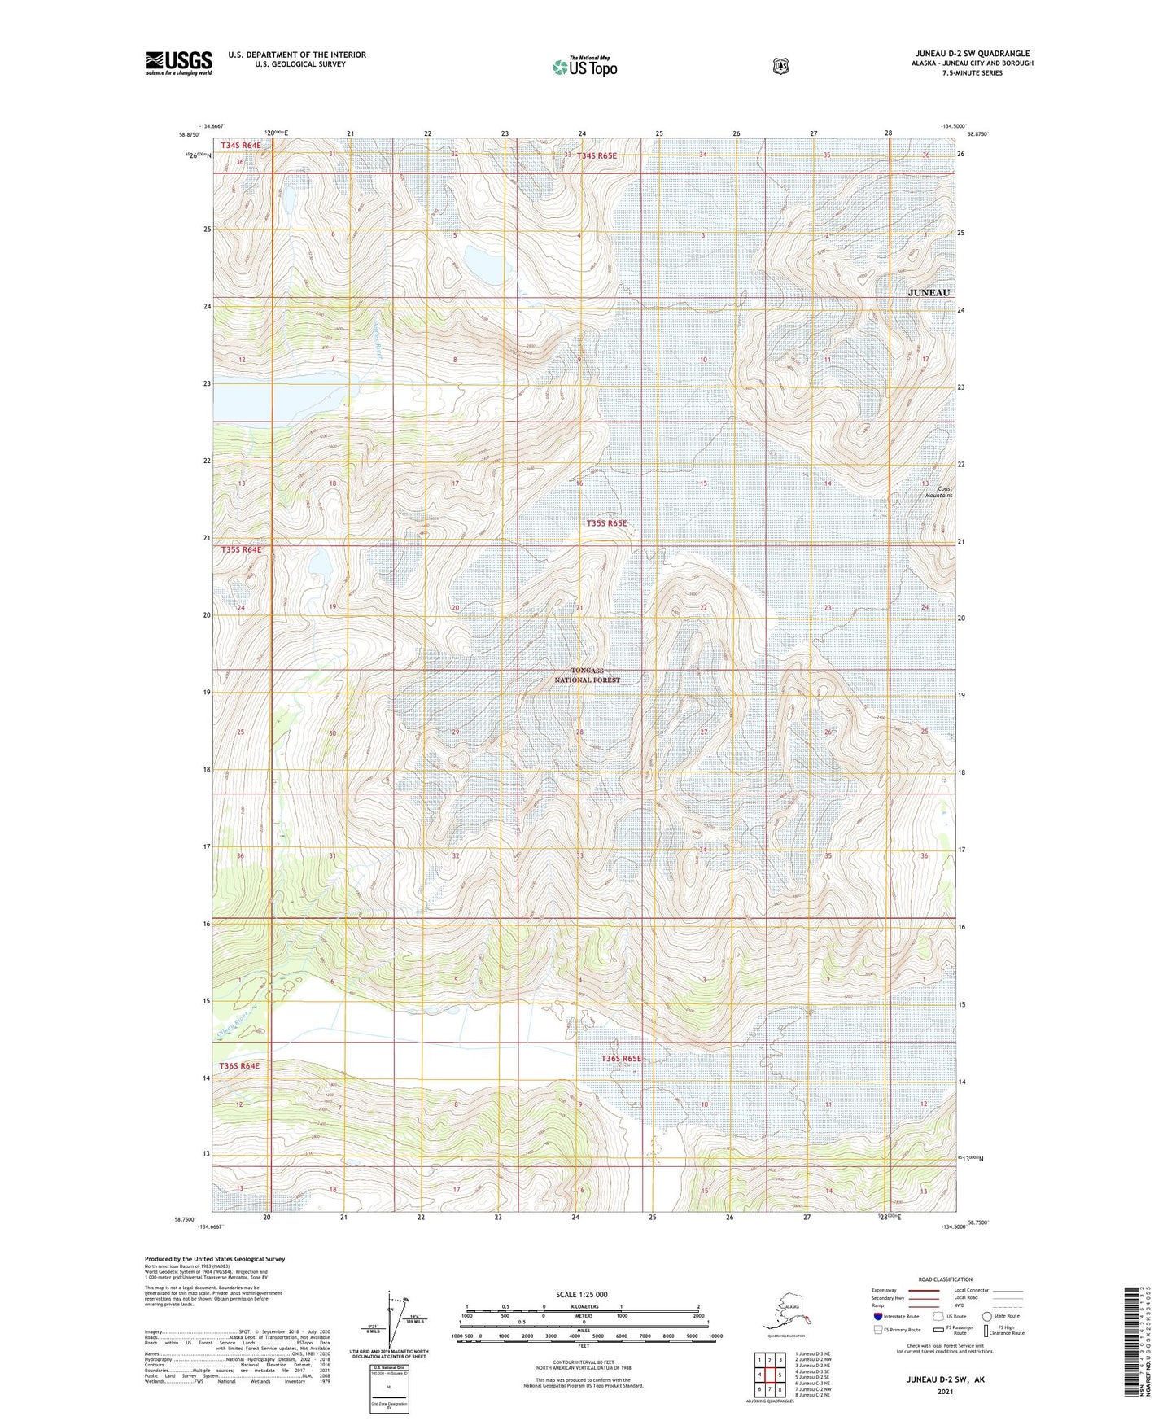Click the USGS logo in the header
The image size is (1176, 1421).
(179, 63)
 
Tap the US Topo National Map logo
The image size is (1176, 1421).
(584, 66)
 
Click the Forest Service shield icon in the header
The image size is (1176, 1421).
(780, 66)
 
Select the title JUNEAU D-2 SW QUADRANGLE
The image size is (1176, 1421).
(973, 54)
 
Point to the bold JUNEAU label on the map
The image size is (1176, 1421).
(929, 292)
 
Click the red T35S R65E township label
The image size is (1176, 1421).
(607, 523)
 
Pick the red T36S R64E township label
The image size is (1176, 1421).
(239, 1065)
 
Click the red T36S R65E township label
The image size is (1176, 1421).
(622, 1058)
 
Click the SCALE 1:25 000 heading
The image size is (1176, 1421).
(581, 1294)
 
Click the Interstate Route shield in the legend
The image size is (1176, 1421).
(877, 1316)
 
